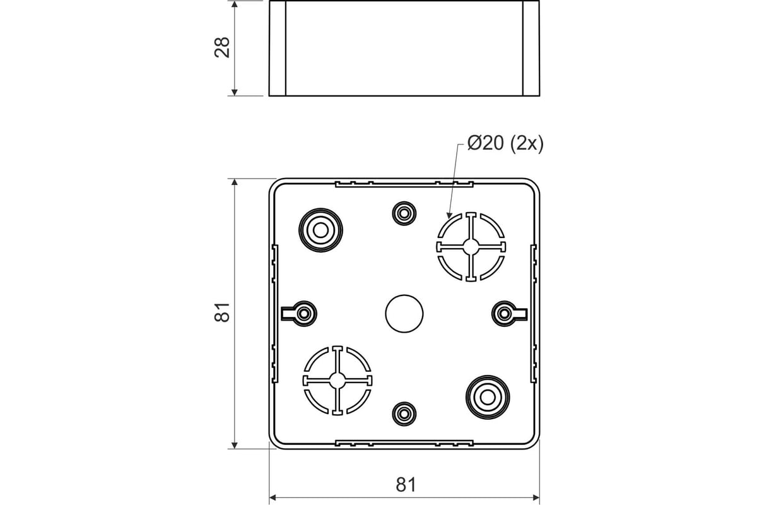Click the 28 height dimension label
point(222,48)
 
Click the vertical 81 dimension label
point(222,312)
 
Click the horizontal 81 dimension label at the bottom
point(406,485)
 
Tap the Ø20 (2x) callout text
point(505,143)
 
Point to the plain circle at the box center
point(404,314)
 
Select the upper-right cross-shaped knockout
point(471,247)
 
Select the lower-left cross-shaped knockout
point(337,381)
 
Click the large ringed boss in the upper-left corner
point(320,230)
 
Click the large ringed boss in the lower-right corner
point(488,397)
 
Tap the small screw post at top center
point(404,213)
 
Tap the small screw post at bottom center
point(404,413)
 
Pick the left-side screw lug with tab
point(300,314)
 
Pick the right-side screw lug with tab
point(509,314)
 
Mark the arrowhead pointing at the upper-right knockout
point(449,215)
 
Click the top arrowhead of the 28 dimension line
point(235,4)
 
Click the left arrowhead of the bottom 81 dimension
point(273,497)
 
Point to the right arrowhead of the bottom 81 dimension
point(536,497)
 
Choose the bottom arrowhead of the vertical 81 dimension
point(235,445)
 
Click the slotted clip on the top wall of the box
point(404,184)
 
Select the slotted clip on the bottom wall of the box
point(404,443)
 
